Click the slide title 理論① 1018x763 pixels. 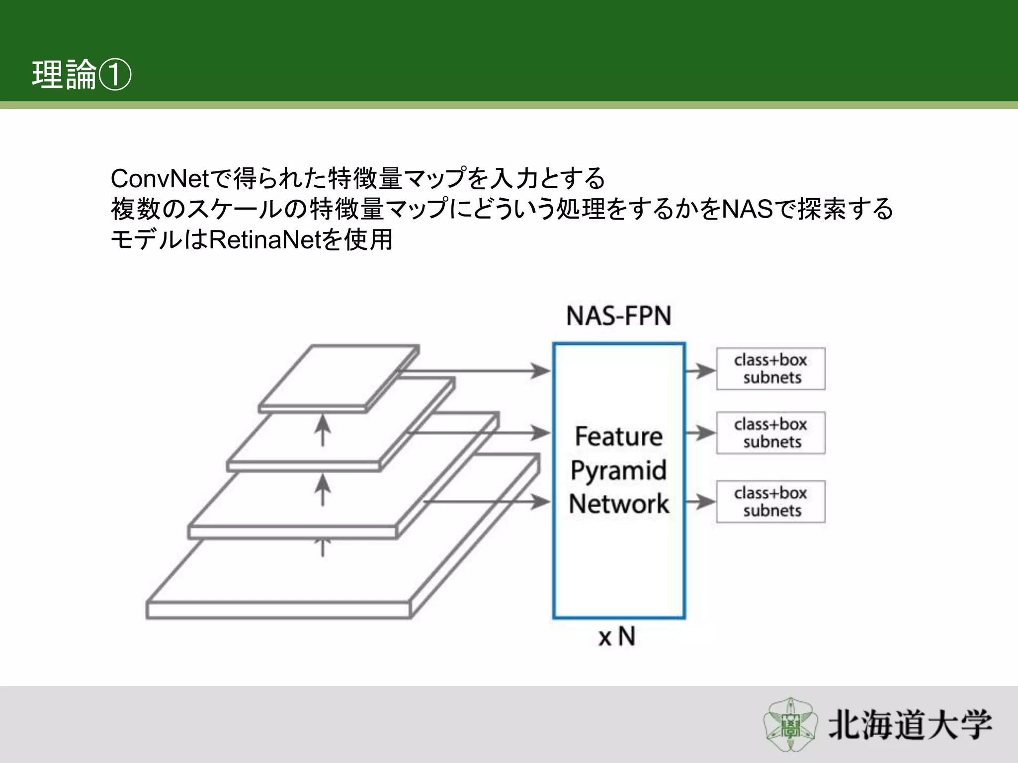point(81,75)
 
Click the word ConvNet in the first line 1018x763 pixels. point(160,179)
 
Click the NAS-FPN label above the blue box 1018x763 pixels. point(619,316)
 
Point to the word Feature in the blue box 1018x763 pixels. point(619,437)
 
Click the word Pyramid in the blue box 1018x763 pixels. point(619,470)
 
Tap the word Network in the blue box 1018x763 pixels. point(619,504)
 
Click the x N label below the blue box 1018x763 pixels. point(617,636)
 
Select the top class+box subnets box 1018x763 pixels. point(770,369)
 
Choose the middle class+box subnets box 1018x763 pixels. point(770,433)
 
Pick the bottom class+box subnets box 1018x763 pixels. point(770,501)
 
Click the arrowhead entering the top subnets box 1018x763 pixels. point(705,371)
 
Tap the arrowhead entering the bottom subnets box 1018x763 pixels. point(705,502)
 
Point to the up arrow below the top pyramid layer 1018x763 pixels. point(323,430)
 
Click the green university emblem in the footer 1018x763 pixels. point(790,724)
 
